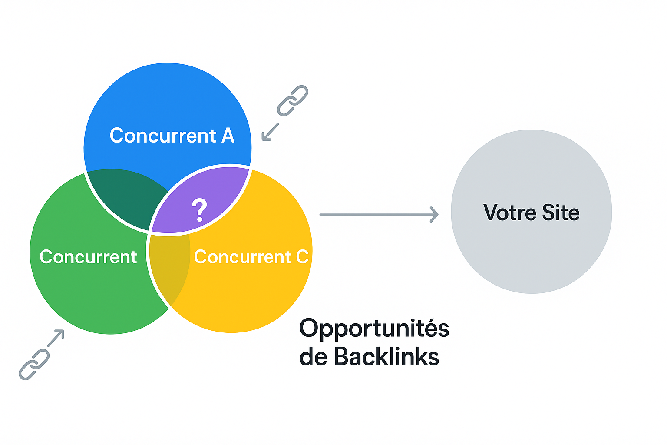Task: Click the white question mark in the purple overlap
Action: click(x=199, y=210)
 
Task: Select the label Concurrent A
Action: click(x=172, y=136)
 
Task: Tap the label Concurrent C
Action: click(x=251, y=257)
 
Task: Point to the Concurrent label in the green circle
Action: click(x=88, y=257)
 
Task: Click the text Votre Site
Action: click(x=532, y=213)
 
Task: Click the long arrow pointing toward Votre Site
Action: click(x=379, y=215)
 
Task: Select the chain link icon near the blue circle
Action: click(x=292, y=101)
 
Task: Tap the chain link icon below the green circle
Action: click(x=34, y=365)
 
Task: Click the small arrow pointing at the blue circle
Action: click(x=270, y=131)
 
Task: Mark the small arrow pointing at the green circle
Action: click(x=56, y=338)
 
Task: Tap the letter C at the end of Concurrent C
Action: click(x=302, y=257)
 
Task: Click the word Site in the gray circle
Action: click(x=561, y=213)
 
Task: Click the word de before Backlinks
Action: click(x=313, y=356)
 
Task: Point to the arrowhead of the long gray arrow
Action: click(x=435, y=215)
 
